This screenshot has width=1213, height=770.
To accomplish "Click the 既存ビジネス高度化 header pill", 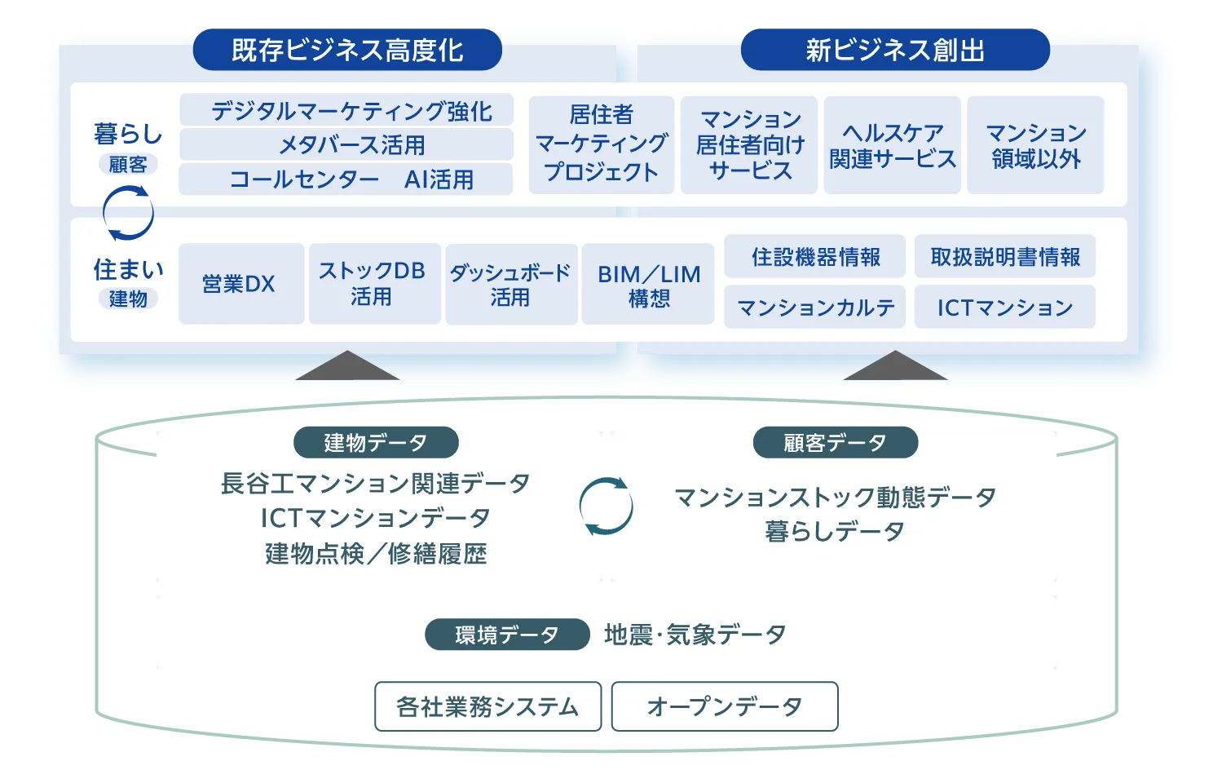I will point(347,50).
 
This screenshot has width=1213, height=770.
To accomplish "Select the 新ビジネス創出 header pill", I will point(895,50).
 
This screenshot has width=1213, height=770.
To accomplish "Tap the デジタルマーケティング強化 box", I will point(346,110).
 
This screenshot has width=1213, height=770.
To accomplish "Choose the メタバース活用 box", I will point(346,144).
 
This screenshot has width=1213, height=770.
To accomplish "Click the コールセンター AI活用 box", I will point(346,179).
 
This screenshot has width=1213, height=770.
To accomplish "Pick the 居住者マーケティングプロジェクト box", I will point(602,144).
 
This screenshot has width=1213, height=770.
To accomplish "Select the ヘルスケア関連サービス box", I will point(893,144).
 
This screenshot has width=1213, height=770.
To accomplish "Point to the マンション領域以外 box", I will point(1035,144).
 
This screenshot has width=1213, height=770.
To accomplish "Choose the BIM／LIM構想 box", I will point(648,284).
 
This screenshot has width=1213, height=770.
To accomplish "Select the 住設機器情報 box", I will point(815,257).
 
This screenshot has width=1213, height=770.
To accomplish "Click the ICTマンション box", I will point(1004,307).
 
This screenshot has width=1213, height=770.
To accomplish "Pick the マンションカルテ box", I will point(815,307).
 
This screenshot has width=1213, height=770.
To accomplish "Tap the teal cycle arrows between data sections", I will point(606,507).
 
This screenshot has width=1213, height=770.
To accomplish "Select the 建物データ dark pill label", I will point(376,442).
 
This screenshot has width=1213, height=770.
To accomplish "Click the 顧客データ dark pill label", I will point(836,442).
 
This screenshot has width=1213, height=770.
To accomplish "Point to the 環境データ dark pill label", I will point(507,635).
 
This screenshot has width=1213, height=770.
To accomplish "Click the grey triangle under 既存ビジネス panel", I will point(347,368).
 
